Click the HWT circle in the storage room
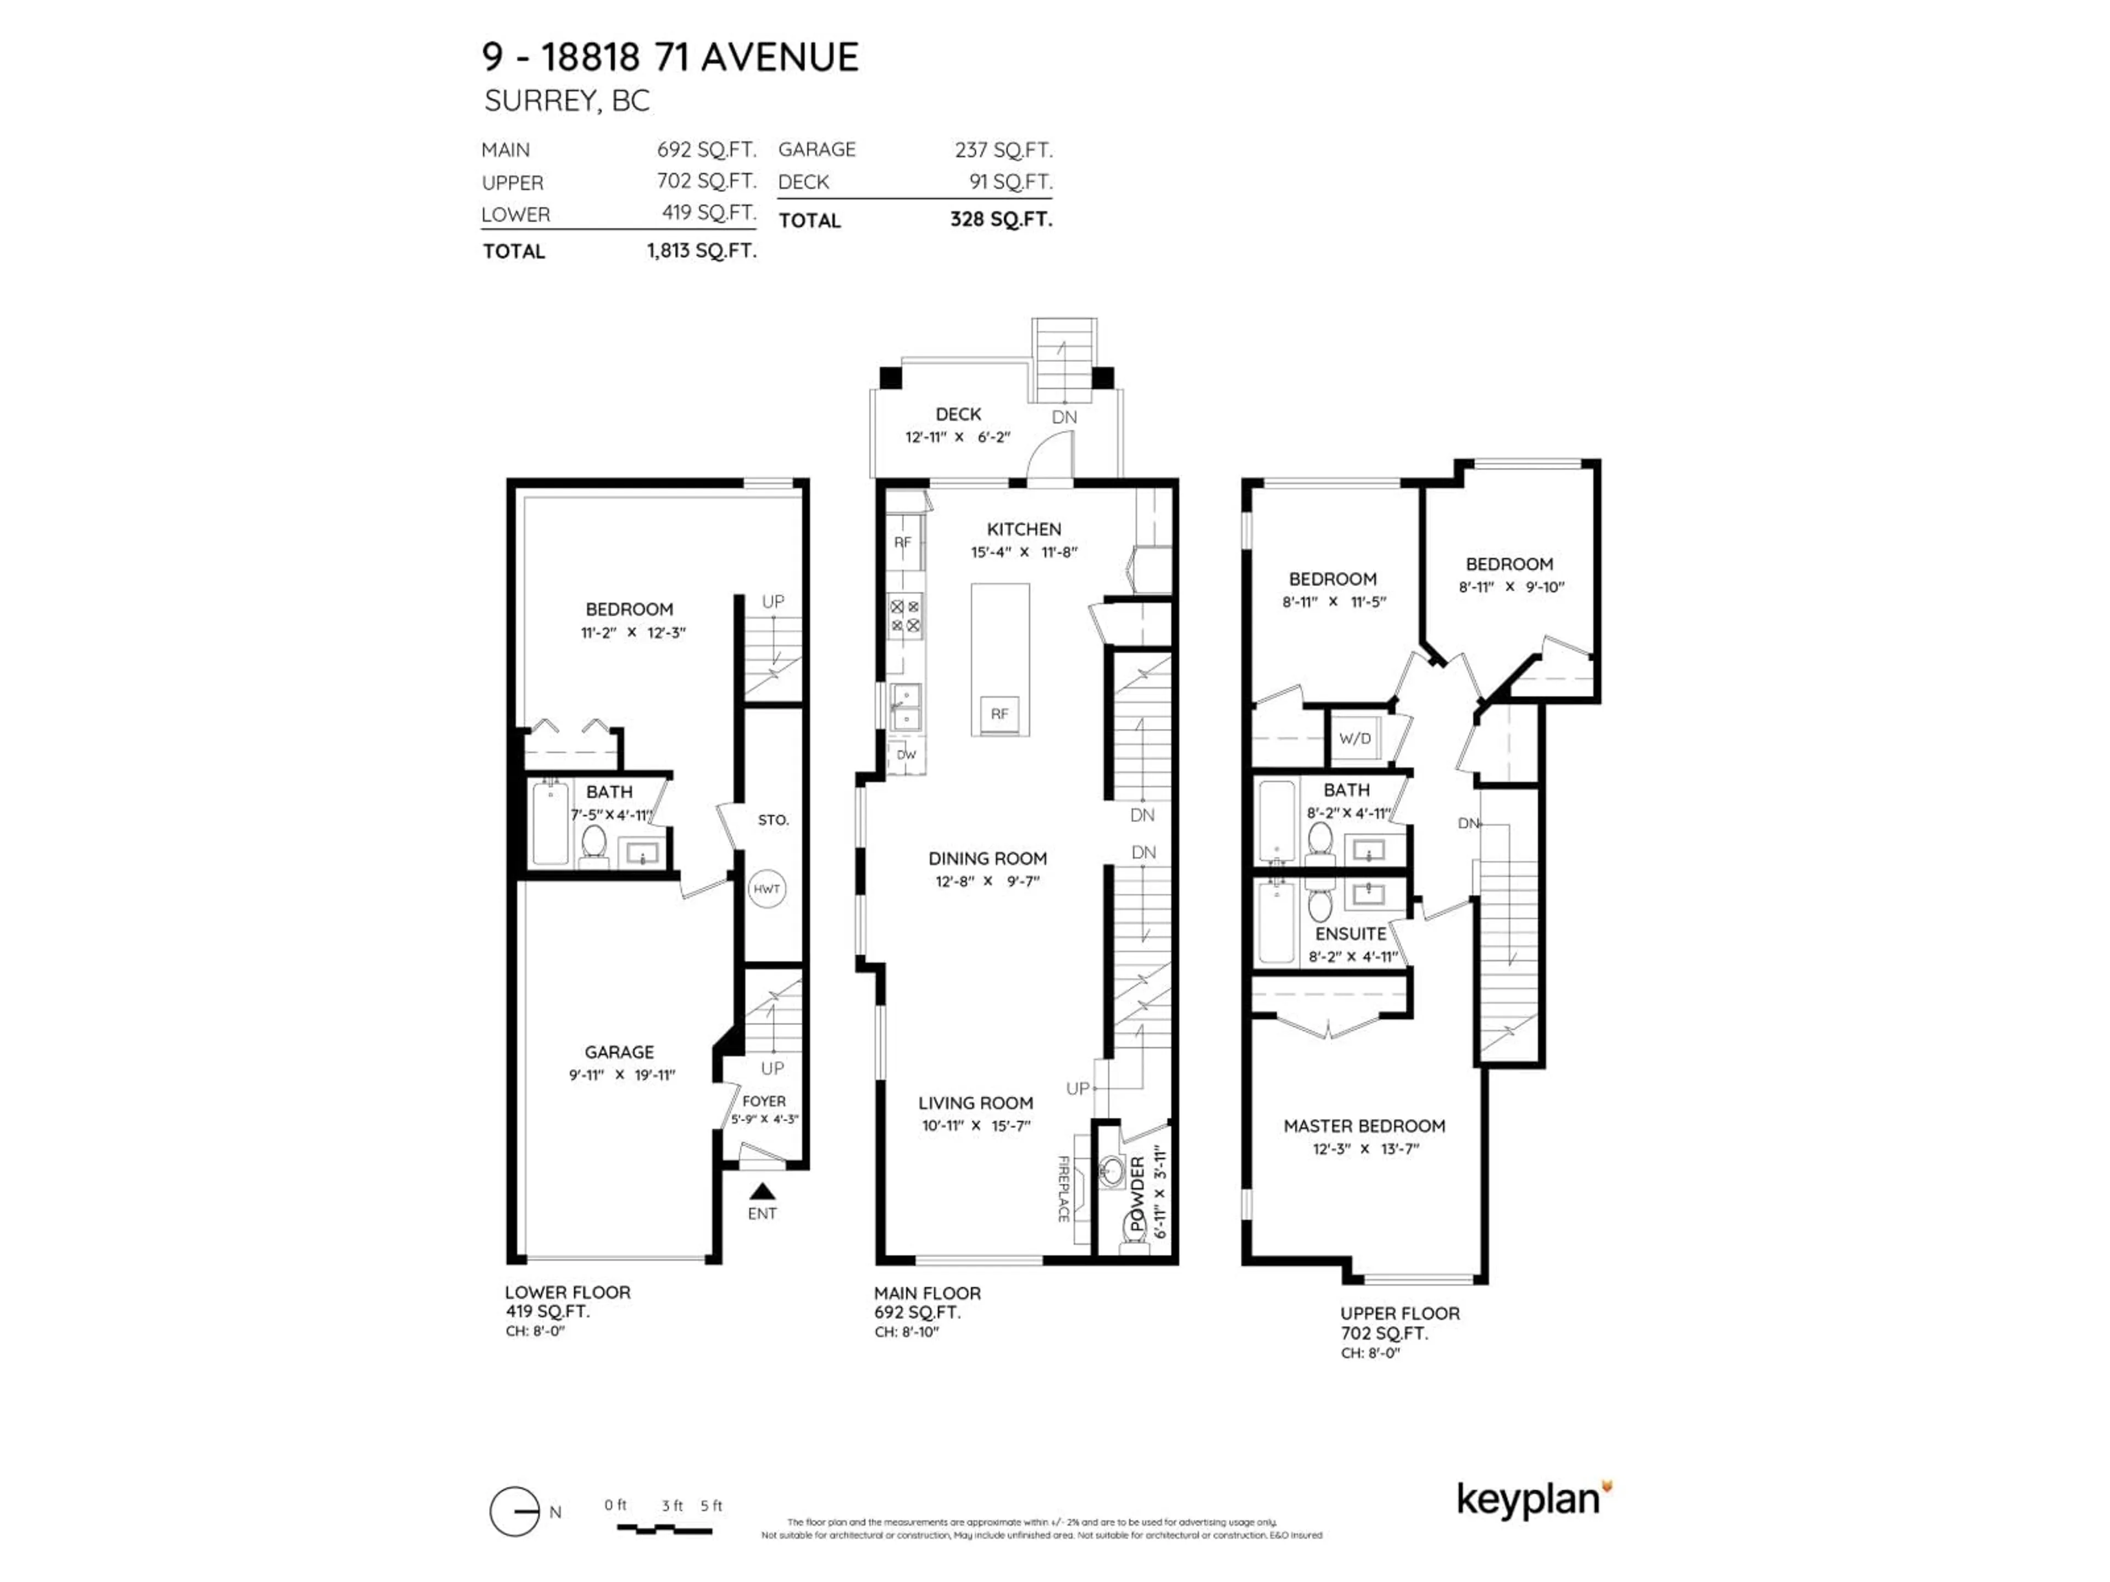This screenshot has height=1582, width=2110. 767,889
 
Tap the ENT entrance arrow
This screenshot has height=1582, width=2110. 762,1192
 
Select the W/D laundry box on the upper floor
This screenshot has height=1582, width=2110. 1354,738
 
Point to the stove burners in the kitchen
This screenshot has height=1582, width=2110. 905,616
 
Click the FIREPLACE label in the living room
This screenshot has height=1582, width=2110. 1063,1188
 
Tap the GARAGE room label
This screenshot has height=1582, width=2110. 619,1052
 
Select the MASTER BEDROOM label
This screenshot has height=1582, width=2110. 1364,1126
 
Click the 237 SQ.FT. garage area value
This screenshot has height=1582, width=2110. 1003,150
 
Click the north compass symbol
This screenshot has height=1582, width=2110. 515,1512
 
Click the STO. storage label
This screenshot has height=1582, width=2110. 773,820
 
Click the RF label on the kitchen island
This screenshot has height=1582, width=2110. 999,714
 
